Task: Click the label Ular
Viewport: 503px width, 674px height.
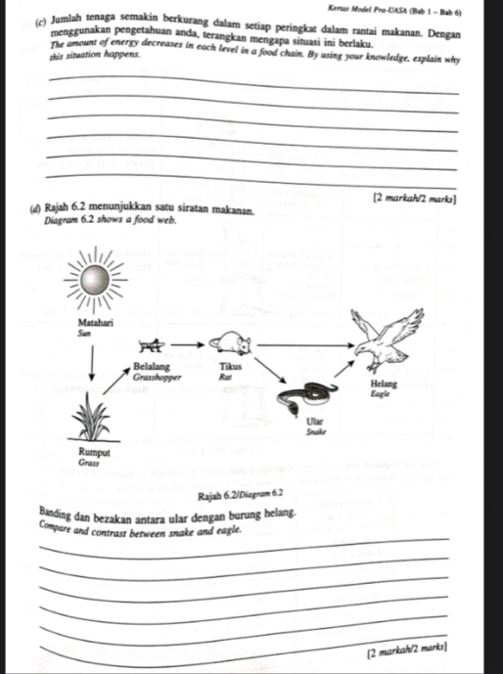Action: click(x=316, y=419)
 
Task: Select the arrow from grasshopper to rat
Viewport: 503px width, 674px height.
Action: click(x=190, y=344)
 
